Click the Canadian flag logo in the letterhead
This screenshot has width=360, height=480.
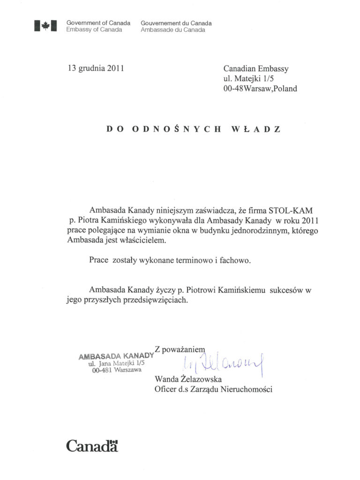[x=45, y=26]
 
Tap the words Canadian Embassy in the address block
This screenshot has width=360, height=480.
[x=256, y=69]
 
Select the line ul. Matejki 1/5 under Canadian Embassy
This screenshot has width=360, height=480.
[x=252, y=78]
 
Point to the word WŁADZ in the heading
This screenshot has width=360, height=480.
[x=256, y=129]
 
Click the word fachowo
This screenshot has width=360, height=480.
[x=234, y=261]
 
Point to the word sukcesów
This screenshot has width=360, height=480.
[x=288, y=291]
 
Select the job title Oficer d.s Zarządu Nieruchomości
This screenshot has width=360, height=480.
[x=213, y=389]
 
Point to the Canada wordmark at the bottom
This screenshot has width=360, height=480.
[x=92, y=445]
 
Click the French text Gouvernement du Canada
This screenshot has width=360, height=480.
[x=176, y=23]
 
